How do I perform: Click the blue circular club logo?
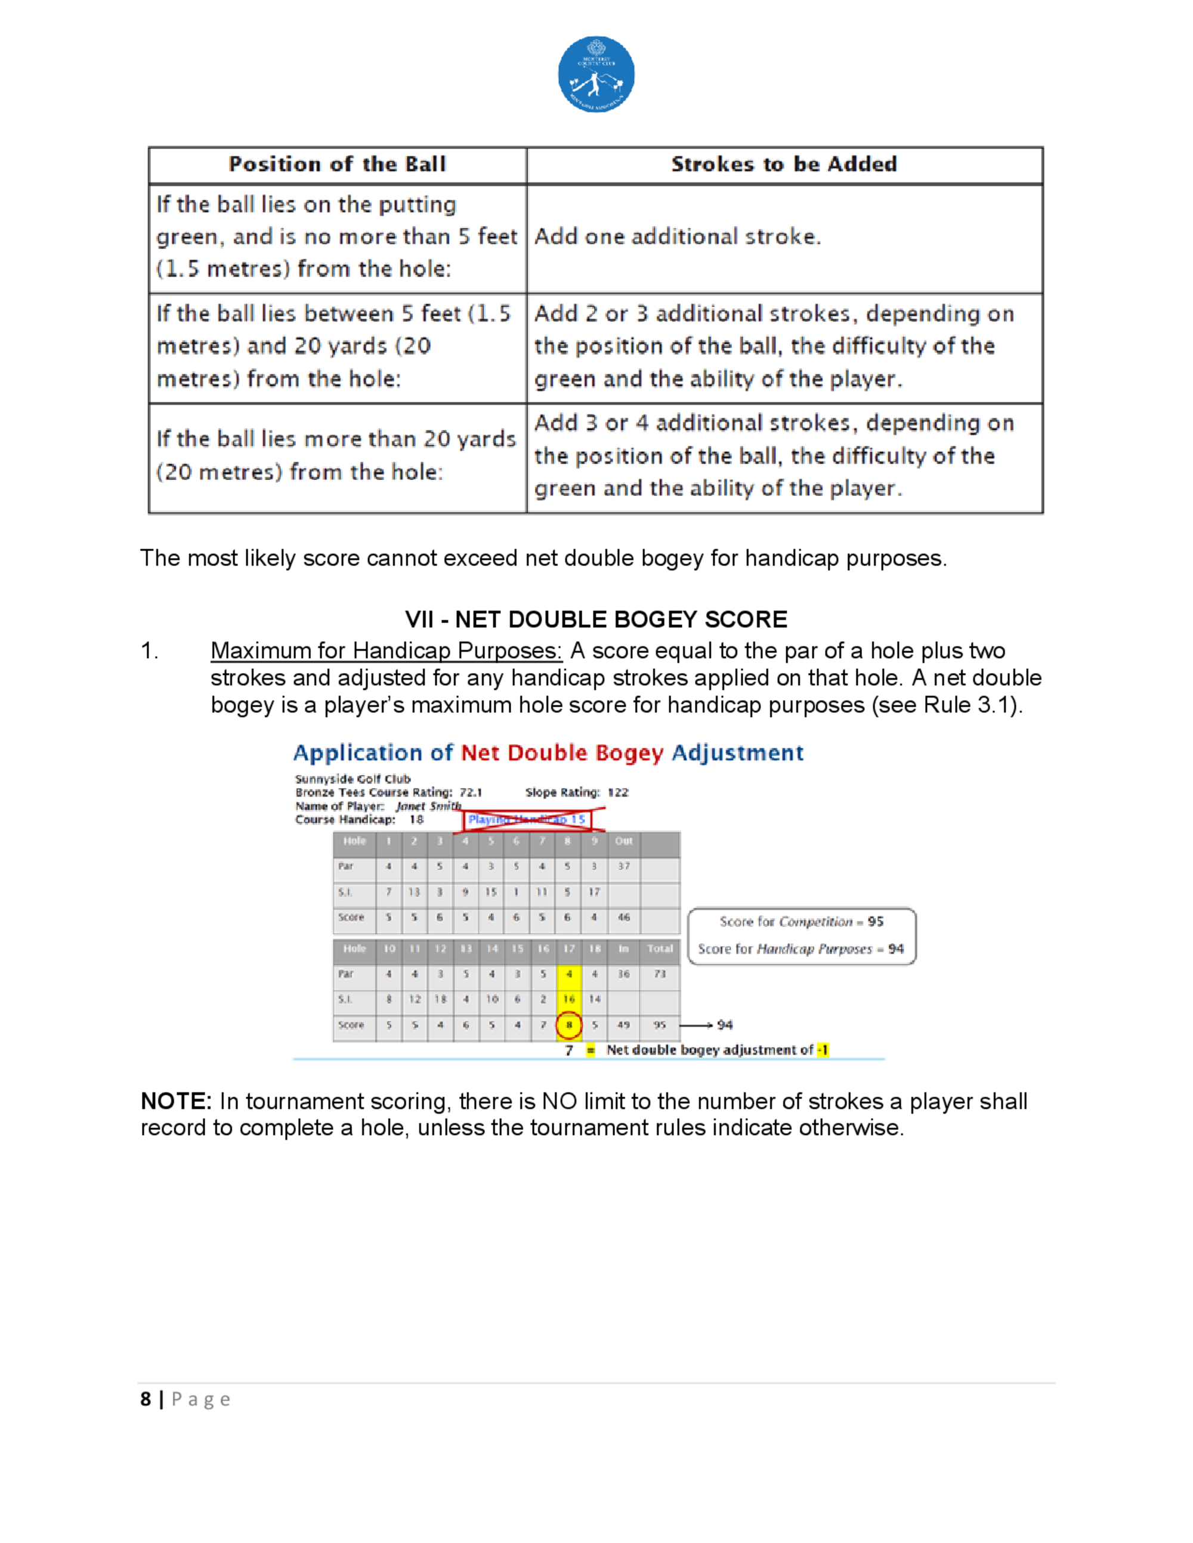[596, 74]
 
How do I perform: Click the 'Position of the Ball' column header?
[337, 165]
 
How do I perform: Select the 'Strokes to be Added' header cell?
[784, 165]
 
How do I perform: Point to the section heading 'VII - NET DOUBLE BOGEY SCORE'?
[596, 619]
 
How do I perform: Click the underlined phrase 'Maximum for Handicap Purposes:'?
[386, 650]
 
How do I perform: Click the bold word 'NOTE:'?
[176, 1101]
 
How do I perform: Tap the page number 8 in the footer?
[146, 1399]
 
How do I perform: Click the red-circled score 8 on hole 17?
[568, 1025]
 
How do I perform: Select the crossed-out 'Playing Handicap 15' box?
[527, 820]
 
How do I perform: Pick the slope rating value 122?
[618, 793]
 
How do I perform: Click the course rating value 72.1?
[471, 793]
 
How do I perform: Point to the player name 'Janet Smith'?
[428, 806]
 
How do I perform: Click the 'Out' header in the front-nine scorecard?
[623, 841]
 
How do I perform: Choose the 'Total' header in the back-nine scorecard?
[659, 949]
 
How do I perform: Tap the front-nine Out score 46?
[623, 918]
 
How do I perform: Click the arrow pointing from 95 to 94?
[696, 1025]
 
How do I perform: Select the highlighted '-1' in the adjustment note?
[823, 1050]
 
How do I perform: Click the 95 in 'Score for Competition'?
[876, 922]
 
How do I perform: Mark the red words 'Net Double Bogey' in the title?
[562, 753]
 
